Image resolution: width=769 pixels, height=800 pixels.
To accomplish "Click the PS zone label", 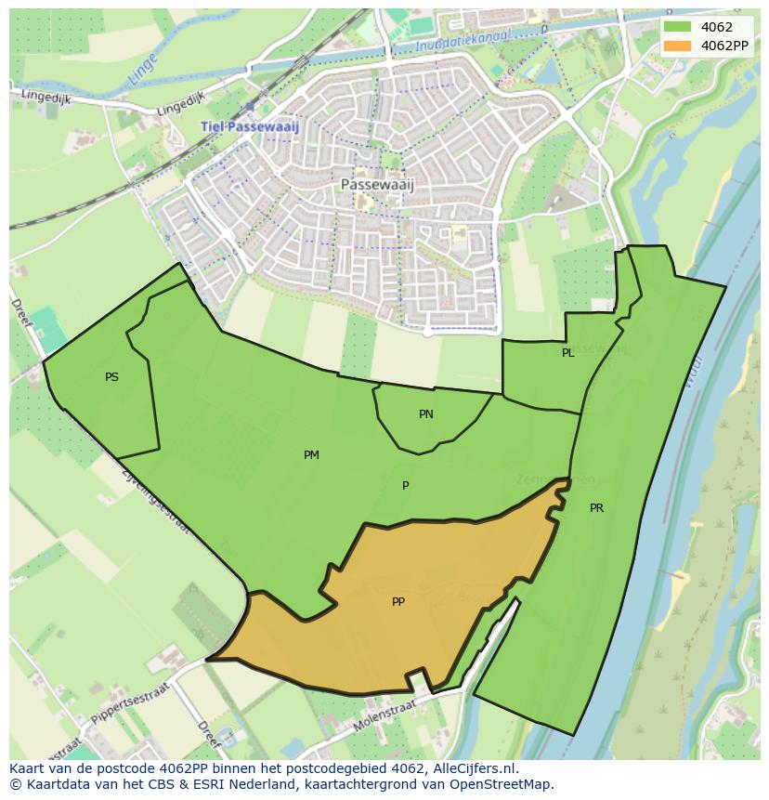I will pyautogui.click(x=111, y=377).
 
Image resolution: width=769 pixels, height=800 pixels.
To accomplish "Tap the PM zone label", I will pyautogui.click(x=311, y=454).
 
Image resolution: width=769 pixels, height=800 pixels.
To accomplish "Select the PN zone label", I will pyautogui.click(x=425, y=414).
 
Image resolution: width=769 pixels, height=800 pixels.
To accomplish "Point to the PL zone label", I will pyautogui.click(x=567, y=353).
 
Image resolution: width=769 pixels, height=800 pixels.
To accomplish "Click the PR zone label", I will pyautogui.click(x=596, y=508).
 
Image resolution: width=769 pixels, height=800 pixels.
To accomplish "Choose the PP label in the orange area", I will pyautogui.click(x=398, y=602).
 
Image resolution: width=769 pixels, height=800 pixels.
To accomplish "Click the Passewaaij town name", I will pyautogui.click(x=377, y=184).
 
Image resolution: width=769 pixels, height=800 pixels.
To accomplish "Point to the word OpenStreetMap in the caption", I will pyautogui.click(x=502, y=784).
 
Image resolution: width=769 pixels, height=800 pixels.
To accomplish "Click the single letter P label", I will pyautogui.click(x=405, y=486).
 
